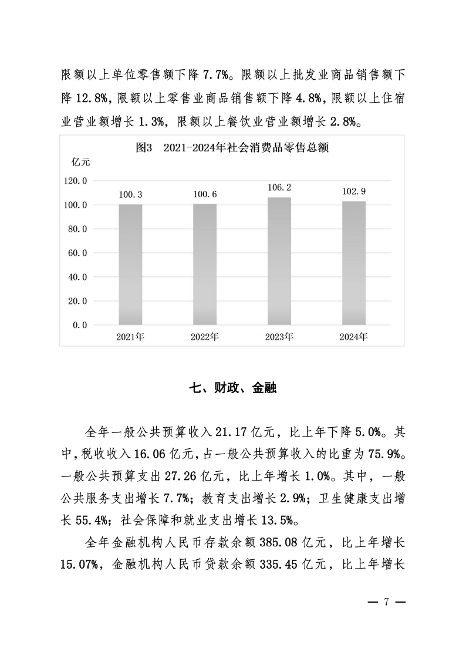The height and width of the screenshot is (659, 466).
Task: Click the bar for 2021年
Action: click(x=130, y=264)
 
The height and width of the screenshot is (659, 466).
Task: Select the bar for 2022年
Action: click(x=205, y=264)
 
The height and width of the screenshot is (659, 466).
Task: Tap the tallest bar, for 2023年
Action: click(x=279, y=261)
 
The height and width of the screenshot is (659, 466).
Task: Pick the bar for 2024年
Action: click(x=354, y=263)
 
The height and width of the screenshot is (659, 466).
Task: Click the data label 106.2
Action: click(x=279, y=188)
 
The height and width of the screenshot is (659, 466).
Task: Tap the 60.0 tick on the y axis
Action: click(x=77, y=253)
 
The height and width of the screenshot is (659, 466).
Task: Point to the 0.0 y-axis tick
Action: click(x=80, y=325)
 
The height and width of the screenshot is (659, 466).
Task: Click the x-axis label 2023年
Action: click(x=279, y=337)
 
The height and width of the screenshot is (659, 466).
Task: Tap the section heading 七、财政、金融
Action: click(x=233, y=388)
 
